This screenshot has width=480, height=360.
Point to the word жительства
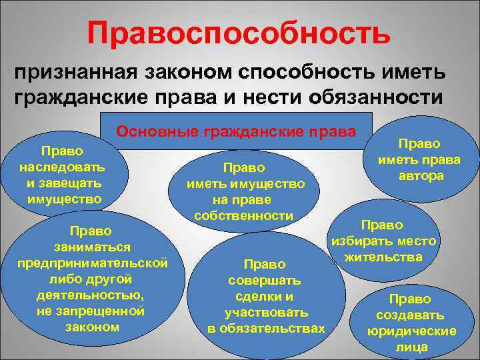(383, 256)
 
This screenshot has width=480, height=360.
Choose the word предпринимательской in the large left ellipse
(93, 262)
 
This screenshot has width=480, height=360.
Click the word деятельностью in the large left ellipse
(93, 294)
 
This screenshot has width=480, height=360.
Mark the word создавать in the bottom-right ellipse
(409, 315)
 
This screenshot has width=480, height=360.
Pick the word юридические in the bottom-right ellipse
(411, 331)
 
